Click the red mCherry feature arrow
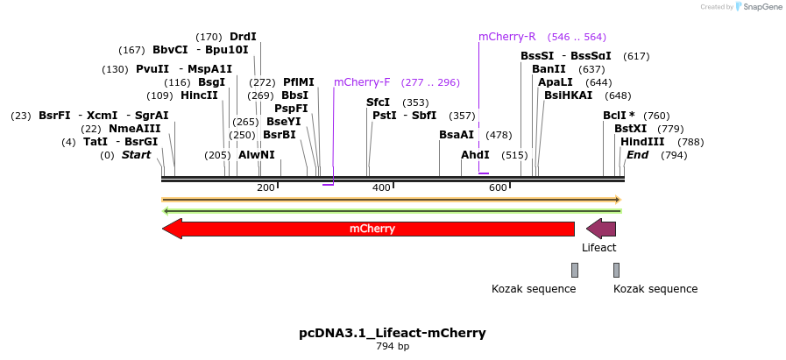(x=368, y=229)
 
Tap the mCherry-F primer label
(x=362, y=82)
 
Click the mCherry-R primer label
(x=506, y=37)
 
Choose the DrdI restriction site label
(x=243, y=37)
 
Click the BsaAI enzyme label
(x=457, y=135)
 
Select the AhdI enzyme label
(x=475, y=155)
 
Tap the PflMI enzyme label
(x=298, y=82)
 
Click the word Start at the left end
(x=136, y=155)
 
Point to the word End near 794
(x=637, y=155)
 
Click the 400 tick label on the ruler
(x=381, y=187)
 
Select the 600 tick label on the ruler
(x=498, y=187)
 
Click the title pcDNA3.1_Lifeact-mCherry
(x=393, y=333)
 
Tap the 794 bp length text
(x=393, y=347)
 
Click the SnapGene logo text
(x=760, y=7)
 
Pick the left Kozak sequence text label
(x=534, y=289)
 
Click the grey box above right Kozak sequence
(x=616, y=270)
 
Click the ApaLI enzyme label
(x=556, y=82)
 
